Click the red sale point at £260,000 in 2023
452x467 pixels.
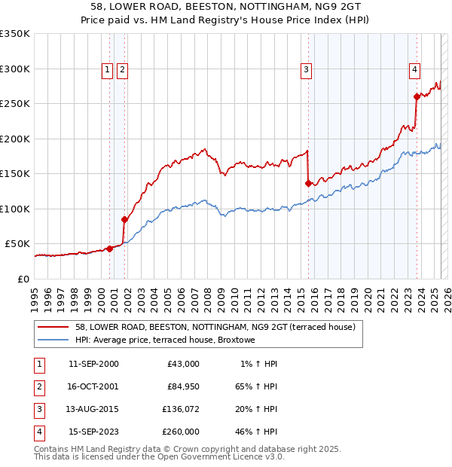click(417, 96)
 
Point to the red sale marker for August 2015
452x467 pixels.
click(308, 183)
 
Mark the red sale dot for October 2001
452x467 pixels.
click(124, 219)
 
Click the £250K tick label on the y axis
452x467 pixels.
click(15, 103)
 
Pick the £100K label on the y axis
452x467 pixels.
click(15, 209)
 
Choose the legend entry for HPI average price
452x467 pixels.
click(165, 340)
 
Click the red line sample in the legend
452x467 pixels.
click(53, 327)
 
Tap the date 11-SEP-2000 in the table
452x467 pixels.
click(93, 364)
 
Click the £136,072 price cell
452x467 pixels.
click(182, 409)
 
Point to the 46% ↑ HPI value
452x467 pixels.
click(258, 432)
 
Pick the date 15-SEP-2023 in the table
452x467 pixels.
click(93, 432)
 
